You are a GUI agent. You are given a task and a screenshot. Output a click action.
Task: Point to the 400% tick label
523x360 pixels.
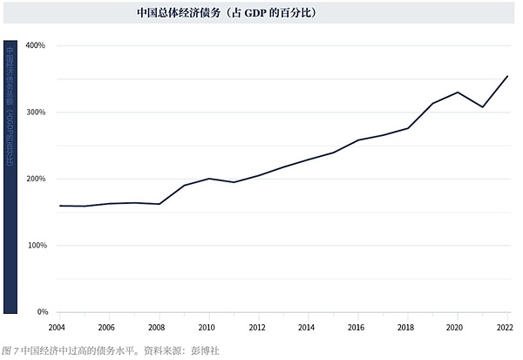(x=36, y=45)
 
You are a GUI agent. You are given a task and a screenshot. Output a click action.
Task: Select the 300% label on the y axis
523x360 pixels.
(x=36, y=112)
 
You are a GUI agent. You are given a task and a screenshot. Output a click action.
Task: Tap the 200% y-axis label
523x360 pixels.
(x=36, y=179)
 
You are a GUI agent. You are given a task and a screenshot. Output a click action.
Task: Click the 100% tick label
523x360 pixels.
(x=36, y=246)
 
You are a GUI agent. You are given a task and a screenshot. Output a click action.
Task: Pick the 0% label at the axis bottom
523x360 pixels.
(x=40, y=312)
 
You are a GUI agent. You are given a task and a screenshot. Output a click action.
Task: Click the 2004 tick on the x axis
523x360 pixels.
(x=56, y=328)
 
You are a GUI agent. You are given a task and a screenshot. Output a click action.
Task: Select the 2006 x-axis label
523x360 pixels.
(x=106, y=328)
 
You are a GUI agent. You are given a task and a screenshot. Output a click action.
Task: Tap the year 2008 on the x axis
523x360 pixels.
(x=157, y=328)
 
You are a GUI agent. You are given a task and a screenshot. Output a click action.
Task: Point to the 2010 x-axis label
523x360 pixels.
(x=207, y=328)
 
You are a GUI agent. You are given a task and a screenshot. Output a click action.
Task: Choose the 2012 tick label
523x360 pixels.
(x=257, y=328)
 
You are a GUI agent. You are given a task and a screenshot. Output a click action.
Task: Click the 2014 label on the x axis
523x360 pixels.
(x=308, y=328)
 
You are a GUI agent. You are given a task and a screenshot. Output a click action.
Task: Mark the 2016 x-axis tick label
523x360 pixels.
(x=357, y=328)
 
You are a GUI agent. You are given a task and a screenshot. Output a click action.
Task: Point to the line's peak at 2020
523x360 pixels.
(x=458, y=92)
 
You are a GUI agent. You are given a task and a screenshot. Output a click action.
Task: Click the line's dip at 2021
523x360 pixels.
(x=483, y=107)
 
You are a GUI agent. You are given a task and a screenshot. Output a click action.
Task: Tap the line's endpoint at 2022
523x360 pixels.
(x=507, y=76)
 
